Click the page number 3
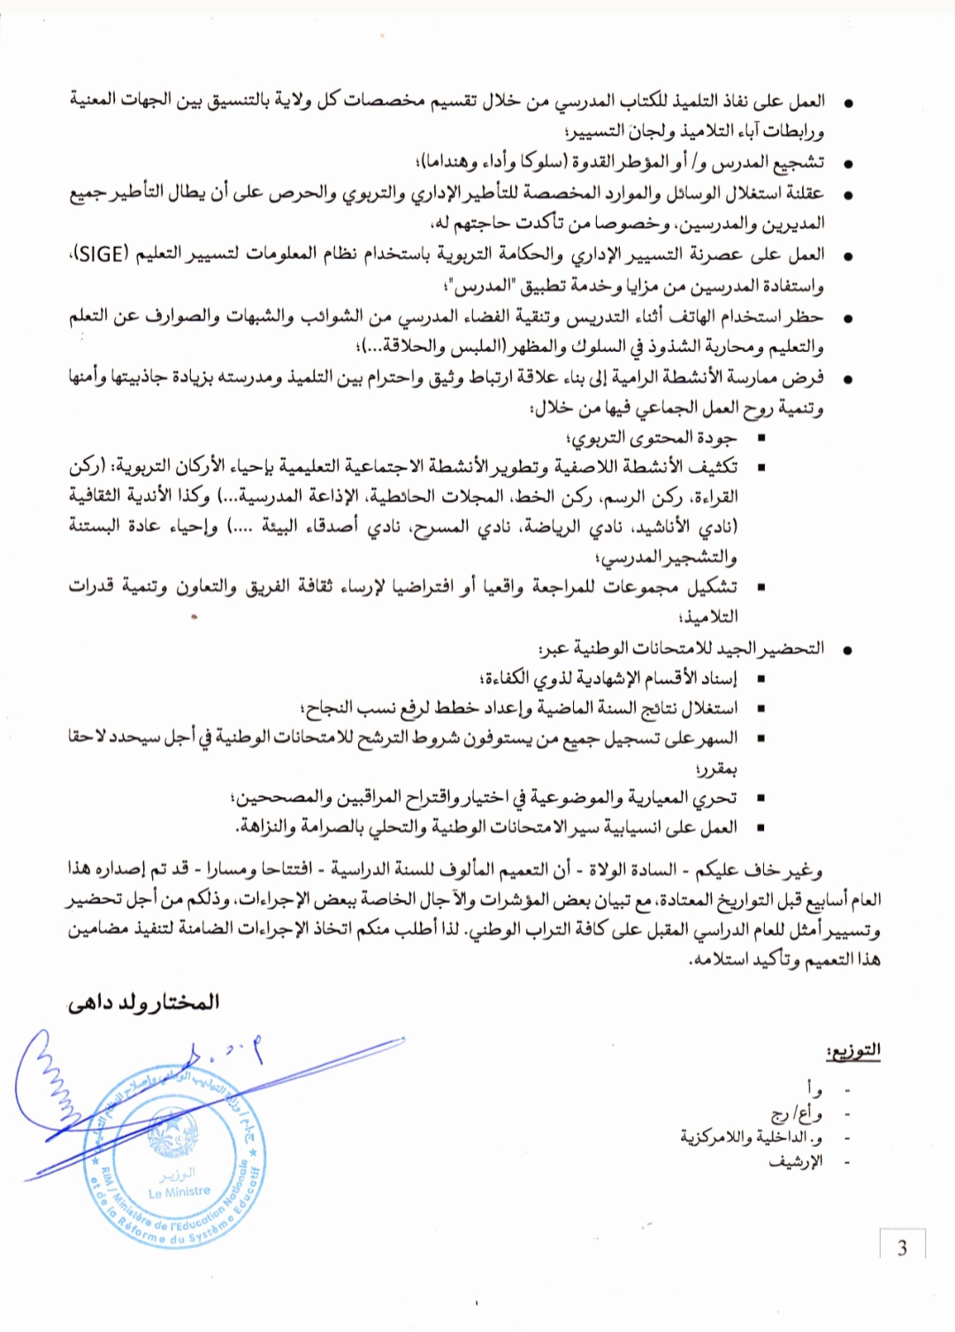902,1248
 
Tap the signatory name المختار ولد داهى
144,1002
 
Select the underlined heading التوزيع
852,1050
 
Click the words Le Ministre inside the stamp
180,1191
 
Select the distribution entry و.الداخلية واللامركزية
752,1137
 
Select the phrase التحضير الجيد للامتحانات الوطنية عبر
682,648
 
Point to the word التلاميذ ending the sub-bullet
707,616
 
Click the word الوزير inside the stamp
177,1175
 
